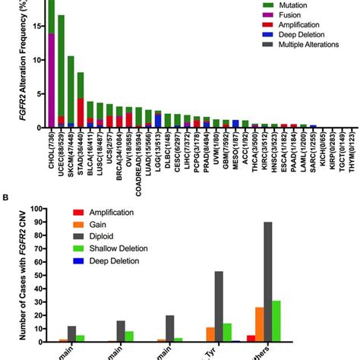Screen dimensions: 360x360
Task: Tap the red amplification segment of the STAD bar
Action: (x=81, y=112)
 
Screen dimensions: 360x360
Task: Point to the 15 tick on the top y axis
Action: (x=36, y=25)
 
